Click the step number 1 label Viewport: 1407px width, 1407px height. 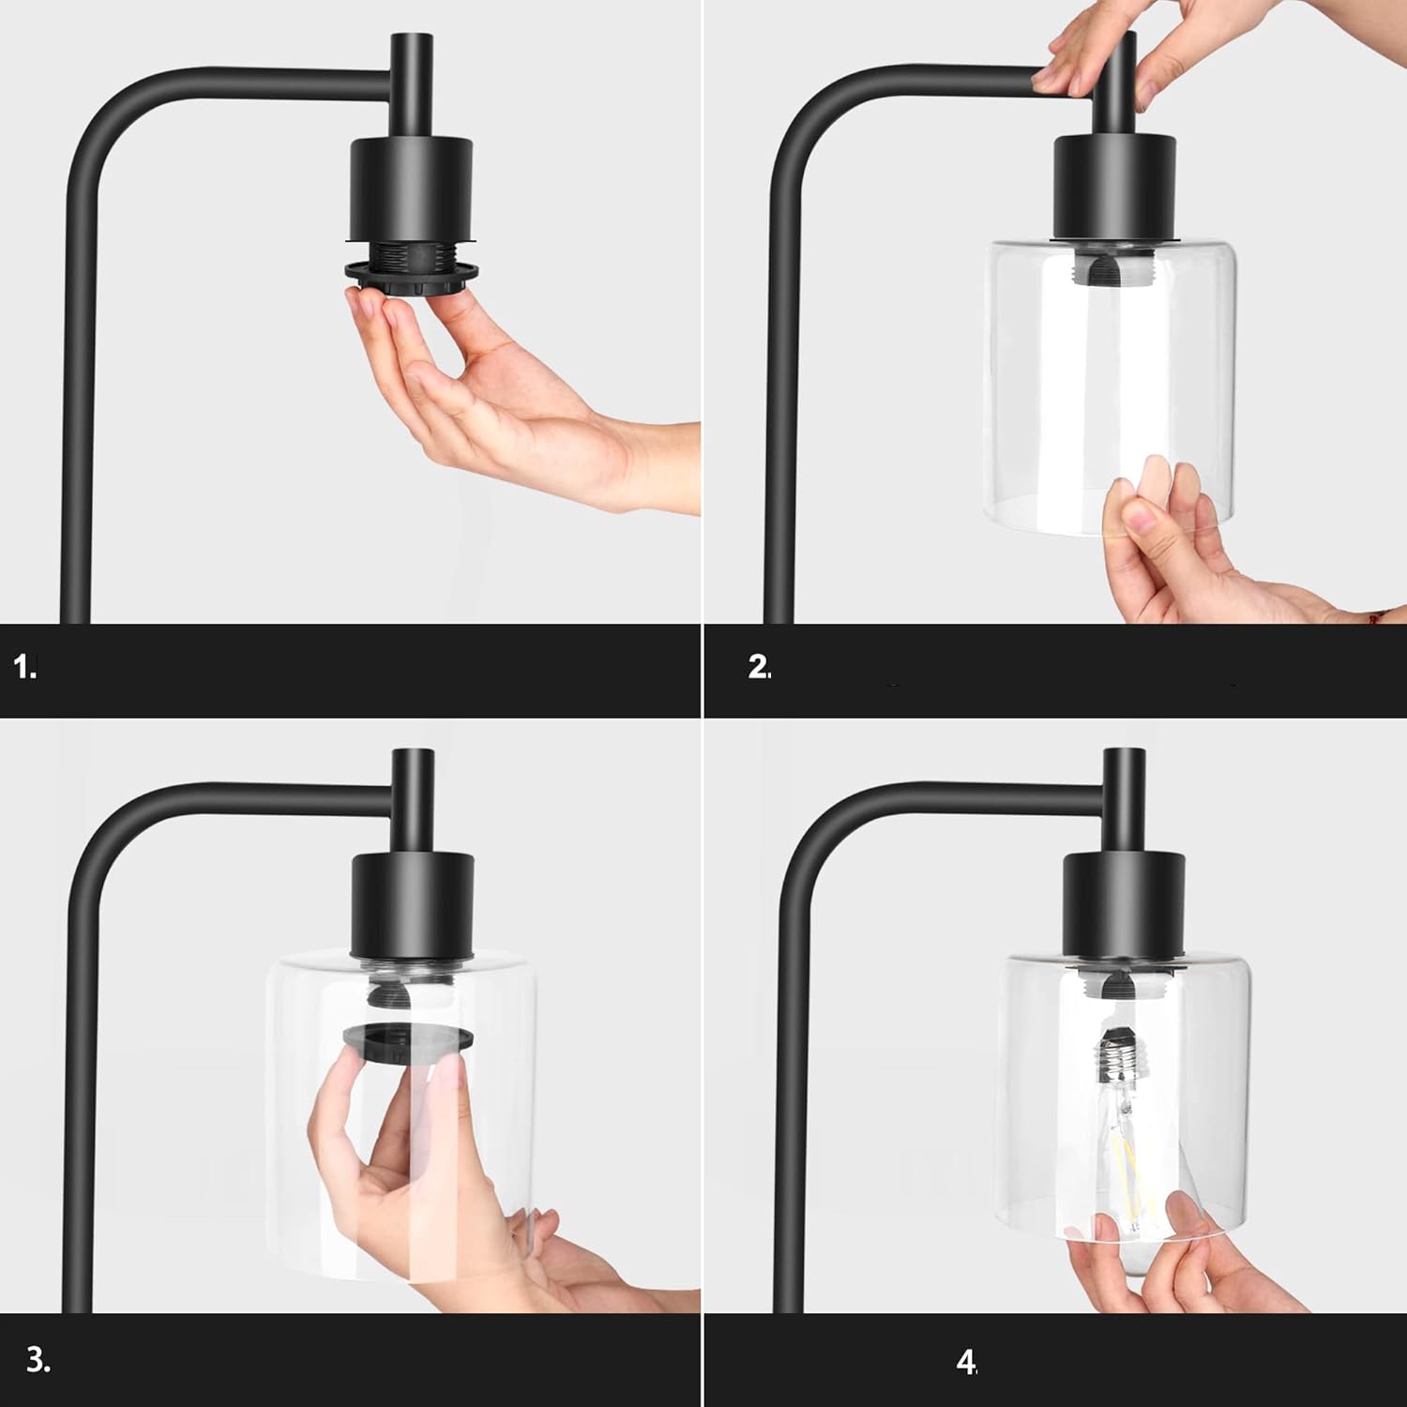pyautogui.click(x=25, y=669)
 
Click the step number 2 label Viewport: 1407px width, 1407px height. pyautogui.click(x=760, y=667)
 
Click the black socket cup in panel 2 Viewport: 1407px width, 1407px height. pyautogui.click(x=1114, y=188)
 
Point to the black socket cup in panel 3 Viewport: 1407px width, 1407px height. pyautogui.click(x=413, y=906)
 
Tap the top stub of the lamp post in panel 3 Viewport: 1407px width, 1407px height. pyautogui.click(x=413, y=802)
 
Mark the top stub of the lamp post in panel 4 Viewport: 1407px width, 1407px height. pyautogui.click(x=1124, y=801)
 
